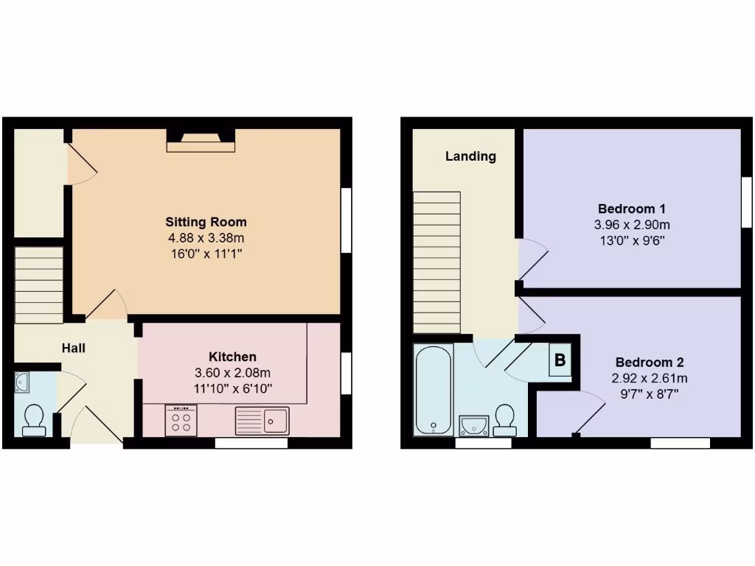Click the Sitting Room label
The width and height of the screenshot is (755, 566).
pyautogui.click(x=206, y=222)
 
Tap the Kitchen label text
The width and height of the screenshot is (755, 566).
pyautogui.click(x=232, y=357)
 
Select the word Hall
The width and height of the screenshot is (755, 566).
pyautogui.click(x=73, y=347)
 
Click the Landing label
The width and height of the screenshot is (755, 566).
pyautogui.click(x=470, y=156)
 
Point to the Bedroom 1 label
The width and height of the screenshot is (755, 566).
pyautogui.click(x=632, y=209)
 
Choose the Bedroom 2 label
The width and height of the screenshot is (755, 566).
pyautogui.click(x=650, y=362)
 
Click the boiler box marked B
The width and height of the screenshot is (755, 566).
pyautogui.click(x=560, y=361)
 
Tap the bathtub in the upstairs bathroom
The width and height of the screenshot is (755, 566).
pyautogui.click(x=433, y=391)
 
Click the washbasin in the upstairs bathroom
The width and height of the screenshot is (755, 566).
pyautogui.click(x=473, y=424)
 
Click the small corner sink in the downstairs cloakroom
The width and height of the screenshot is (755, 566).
pyautogui.click(x=21, y=382)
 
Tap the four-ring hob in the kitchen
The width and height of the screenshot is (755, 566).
pyautogui.click(x=181, y=420)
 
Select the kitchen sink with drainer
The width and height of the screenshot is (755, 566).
pyautogui.click(x=263, y=420)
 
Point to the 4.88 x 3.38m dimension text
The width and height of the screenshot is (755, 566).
pyautogui.click(x=206, y=238)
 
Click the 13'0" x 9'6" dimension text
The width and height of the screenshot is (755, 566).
pyautogui.click(x=632, y=240)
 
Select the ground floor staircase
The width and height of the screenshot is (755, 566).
pyautogui.click(x=39, y=284)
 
